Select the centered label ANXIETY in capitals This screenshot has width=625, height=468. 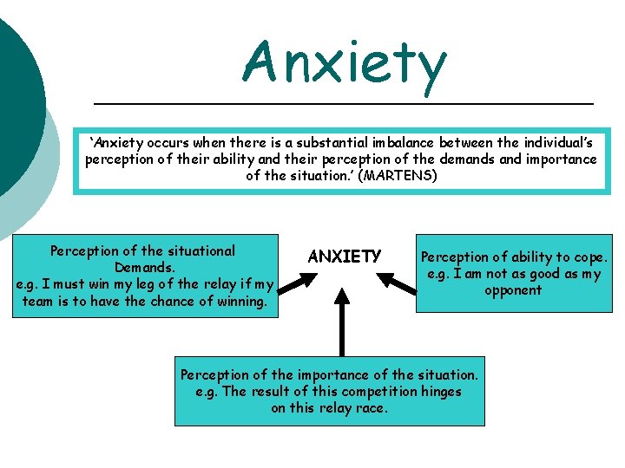(345, 257)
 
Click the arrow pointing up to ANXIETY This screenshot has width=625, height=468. (343, 322)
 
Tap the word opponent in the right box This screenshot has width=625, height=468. (513, 290)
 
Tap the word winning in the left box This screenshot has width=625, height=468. (240, 301)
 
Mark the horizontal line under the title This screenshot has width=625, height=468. (343, 104)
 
